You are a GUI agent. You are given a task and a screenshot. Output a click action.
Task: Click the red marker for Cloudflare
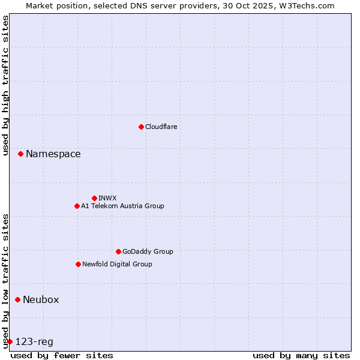click(141, 127)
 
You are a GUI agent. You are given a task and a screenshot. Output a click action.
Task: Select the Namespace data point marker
click(20, 154)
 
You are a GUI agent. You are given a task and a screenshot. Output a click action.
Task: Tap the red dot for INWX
click(94, 198)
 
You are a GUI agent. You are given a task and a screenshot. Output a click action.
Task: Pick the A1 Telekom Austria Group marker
click(77, 206)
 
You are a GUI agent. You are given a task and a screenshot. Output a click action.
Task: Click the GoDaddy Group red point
click(118, 251)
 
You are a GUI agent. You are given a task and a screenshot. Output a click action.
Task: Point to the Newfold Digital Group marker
click(78, 264)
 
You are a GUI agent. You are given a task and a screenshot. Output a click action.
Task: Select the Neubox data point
click(17, 299)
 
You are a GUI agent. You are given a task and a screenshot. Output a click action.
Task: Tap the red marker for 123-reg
click(10, 341)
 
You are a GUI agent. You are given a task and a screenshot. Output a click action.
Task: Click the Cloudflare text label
click(161, 127)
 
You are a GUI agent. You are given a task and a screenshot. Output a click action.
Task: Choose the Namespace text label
click(53, 154)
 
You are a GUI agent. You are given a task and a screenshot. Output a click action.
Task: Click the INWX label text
click(107, 198)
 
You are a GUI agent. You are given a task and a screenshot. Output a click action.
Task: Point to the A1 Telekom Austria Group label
click(122, 206)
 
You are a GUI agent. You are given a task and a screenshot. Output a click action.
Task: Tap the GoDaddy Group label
click(148, 251)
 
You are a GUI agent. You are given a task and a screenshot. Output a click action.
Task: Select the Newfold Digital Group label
click(117, 264)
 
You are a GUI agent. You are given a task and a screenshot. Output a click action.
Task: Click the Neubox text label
click(41, 300)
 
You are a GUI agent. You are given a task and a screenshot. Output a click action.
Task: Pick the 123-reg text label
click(34, 342)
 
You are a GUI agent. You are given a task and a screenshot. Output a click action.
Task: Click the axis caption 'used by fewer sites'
click(62, 355)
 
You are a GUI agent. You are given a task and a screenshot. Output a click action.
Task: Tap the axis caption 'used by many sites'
click(301, 355)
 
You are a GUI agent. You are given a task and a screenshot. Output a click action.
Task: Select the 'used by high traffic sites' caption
click(6, 85)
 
